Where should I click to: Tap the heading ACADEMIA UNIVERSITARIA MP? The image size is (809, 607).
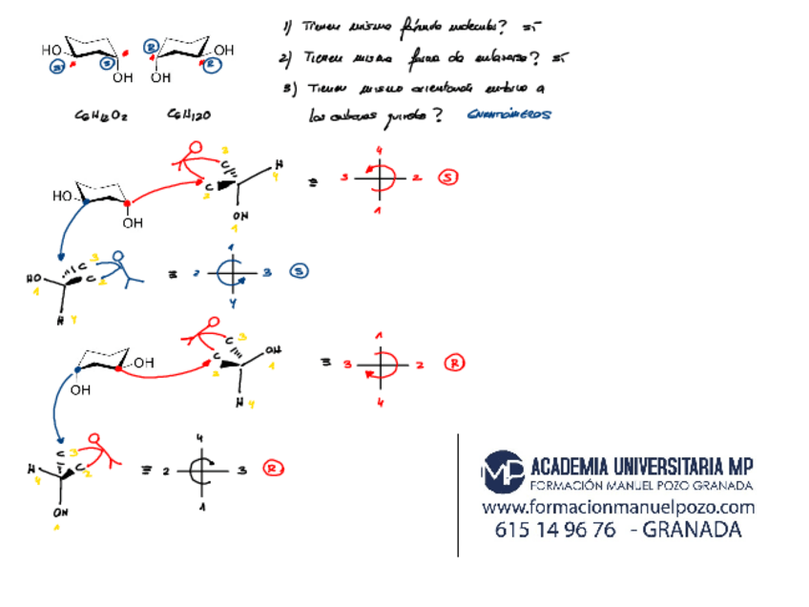point(641,467)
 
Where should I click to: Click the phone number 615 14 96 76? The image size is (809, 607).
point(555,531)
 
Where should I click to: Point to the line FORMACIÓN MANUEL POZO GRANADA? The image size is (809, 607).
point(641,486)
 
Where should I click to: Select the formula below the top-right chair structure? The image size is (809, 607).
point(189,115)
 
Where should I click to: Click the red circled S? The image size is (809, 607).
point(449,178)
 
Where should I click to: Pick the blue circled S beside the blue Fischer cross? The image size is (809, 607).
point(299,272)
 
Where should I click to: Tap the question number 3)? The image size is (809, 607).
point(289,88)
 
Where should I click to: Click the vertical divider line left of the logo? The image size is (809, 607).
point(459,494)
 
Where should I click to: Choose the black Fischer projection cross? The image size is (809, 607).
point(201,470)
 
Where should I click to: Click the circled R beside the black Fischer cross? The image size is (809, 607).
point(274,469)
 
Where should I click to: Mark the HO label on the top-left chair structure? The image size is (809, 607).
point(52,50)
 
